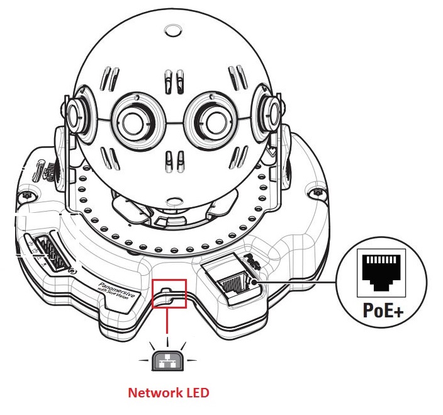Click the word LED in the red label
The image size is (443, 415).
coord(196,393)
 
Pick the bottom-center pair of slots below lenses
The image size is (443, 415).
coord(172,157)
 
